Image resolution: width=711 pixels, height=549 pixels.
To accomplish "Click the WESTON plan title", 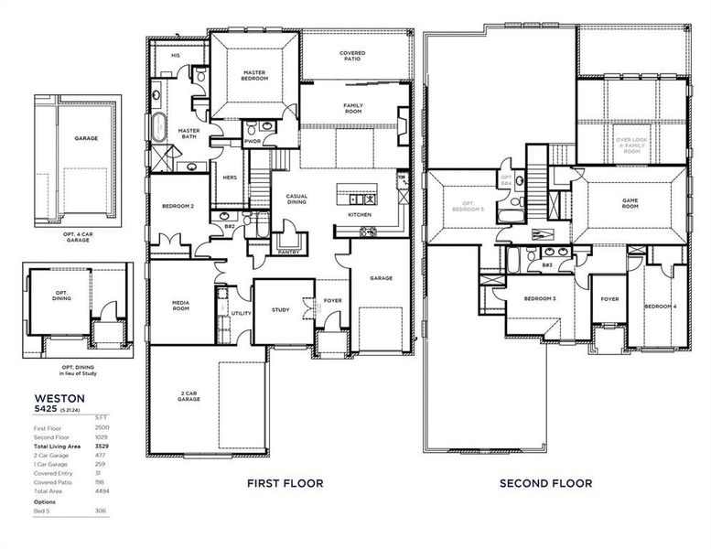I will [x=59, y=398].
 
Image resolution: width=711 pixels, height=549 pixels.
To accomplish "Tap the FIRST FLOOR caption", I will [x=285, y=483].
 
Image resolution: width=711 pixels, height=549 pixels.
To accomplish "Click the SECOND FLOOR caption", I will [x=545, y=483].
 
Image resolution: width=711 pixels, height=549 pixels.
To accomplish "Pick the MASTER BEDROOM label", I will [x=254, y=75].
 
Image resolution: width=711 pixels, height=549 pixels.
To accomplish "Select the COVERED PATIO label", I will [x=352, y=56].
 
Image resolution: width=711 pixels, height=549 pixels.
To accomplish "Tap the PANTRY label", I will [x=288, y=251].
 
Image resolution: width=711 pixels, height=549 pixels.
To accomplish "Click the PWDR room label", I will [x=253, y=142].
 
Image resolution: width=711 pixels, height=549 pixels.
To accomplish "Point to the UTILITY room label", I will [x=241, y=313].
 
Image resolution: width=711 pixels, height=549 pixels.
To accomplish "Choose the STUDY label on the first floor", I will [x=281, y=310].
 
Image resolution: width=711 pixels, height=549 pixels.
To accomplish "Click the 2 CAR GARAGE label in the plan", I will [x=190, y=396].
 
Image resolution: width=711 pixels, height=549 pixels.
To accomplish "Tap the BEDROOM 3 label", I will [x=540, y=299].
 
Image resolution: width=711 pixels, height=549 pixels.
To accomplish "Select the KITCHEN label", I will [x=360, y=215].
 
